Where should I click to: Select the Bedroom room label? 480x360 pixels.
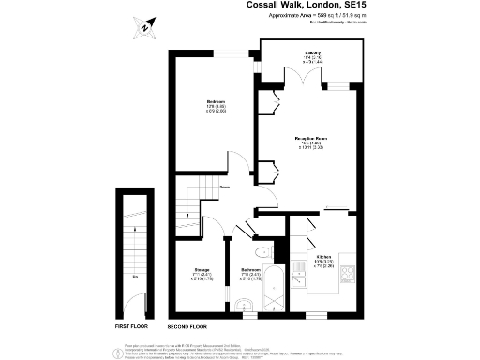point(216,104)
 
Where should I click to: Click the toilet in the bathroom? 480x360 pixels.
point(265,252)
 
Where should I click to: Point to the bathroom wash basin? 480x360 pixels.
point(245,302)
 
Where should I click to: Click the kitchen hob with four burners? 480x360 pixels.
point(347,274)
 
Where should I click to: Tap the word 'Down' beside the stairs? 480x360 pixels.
point(225,187)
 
